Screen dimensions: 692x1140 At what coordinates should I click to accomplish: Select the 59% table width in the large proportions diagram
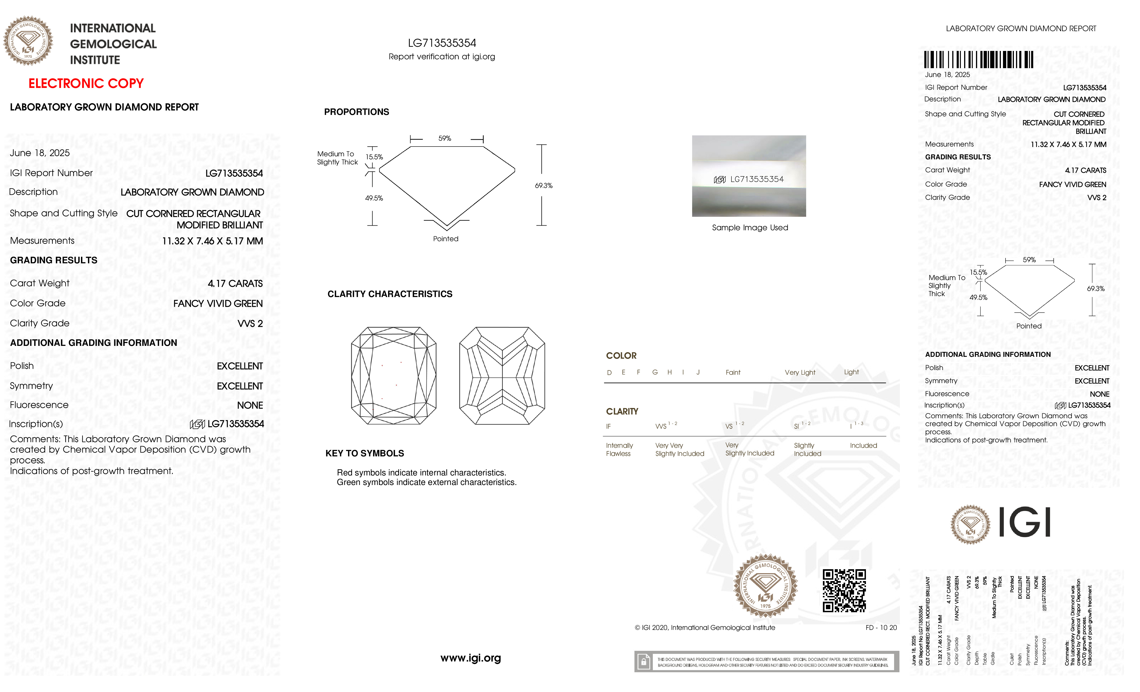click(445, 138)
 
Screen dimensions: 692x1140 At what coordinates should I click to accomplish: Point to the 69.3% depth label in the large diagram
click(544, 185)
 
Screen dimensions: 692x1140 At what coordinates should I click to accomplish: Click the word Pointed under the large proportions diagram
click(446, 239)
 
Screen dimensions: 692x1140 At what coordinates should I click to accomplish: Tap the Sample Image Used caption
click(750, 227)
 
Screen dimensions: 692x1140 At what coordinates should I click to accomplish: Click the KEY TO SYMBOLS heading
click(365, 453)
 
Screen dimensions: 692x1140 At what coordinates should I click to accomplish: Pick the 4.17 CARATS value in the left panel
click(235, 284)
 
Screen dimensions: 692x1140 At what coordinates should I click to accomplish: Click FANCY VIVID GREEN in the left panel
click(218, 304)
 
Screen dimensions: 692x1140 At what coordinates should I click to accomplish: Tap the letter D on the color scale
click(609, 372)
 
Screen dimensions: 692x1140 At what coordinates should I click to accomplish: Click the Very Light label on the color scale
click(800, 372)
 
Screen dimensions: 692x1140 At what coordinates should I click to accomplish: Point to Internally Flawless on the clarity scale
click(619, 449)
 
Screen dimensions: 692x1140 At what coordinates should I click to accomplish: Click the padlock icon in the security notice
click(643, 662)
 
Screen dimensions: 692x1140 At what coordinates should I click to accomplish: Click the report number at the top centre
click(442, 43)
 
